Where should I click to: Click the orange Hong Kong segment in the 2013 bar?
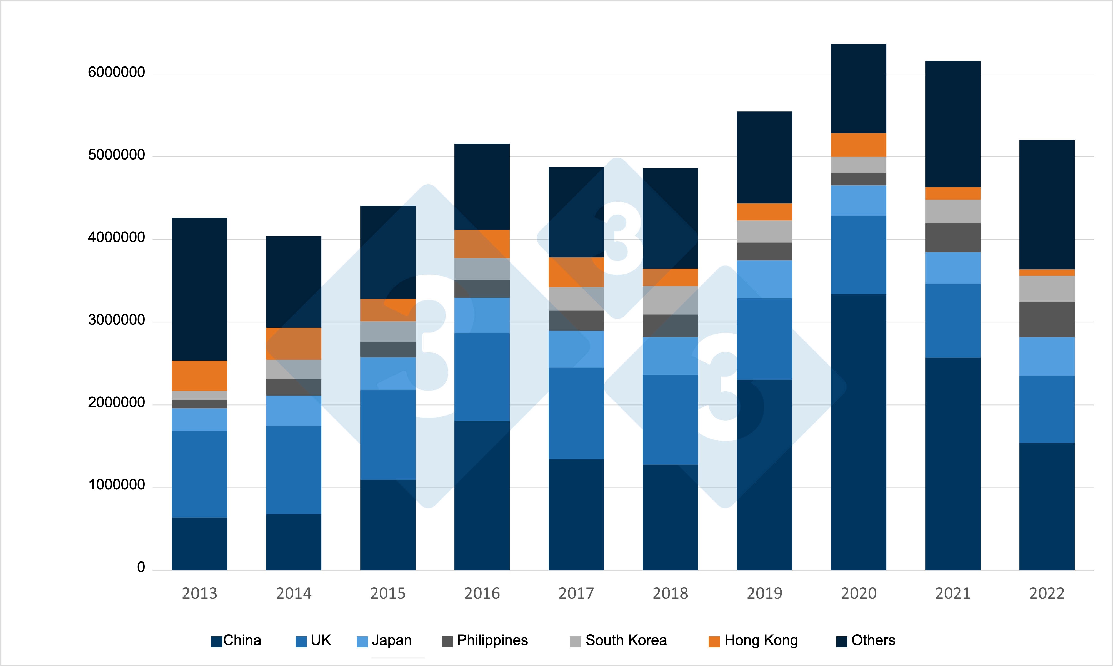tap(199, 376)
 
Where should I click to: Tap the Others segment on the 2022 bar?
tap(1047, 205)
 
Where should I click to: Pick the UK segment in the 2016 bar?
tap(482, 377)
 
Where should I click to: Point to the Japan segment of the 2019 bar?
tap(764, 279)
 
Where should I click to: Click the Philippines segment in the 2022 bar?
tap(1047, 320)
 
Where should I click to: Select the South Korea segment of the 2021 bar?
tap(952, 211)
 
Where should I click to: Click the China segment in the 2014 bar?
tap(294, 542)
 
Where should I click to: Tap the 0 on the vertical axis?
tap(141, 567)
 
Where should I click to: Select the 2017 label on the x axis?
tap(576, 593)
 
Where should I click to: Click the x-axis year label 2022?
tap(1047, 593)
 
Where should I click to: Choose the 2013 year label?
tap(199, 593)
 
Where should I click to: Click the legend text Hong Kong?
tap(761, 640)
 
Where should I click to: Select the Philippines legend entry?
tap(492, 640)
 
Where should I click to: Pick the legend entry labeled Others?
tap(873, 640)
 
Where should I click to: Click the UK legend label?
tap(321, 640)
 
